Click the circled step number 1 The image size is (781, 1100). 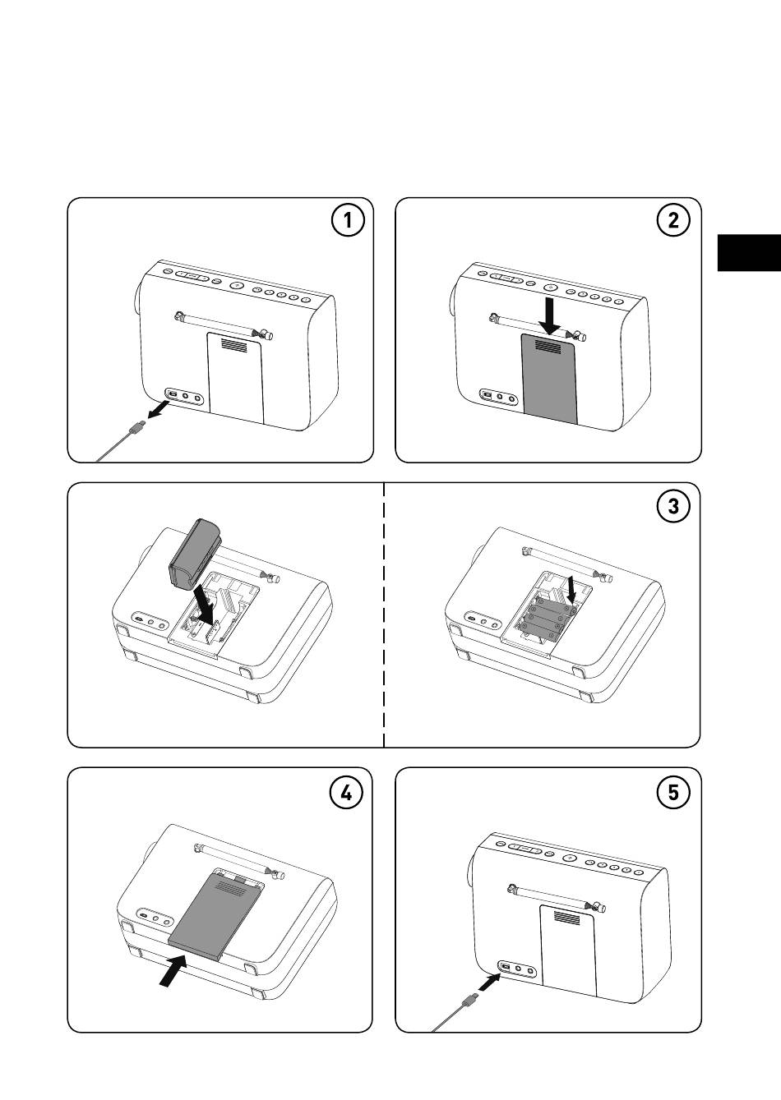pos(348,221)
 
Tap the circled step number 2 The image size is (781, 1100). pos(674,221)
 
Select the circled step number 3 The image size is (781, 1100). pos(674,506)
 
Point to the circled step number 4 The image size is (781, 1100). pos(346,792)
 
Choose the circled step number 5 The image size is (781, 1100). pos(674,792)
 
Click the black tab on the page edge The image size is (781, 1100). pos(748,252)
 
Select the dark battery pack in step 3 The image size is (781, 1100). pos(196,555)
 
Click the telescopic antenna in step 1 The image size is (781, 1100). pos(221,324)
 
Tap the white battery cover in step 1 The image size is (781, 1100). pos(235,378)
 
